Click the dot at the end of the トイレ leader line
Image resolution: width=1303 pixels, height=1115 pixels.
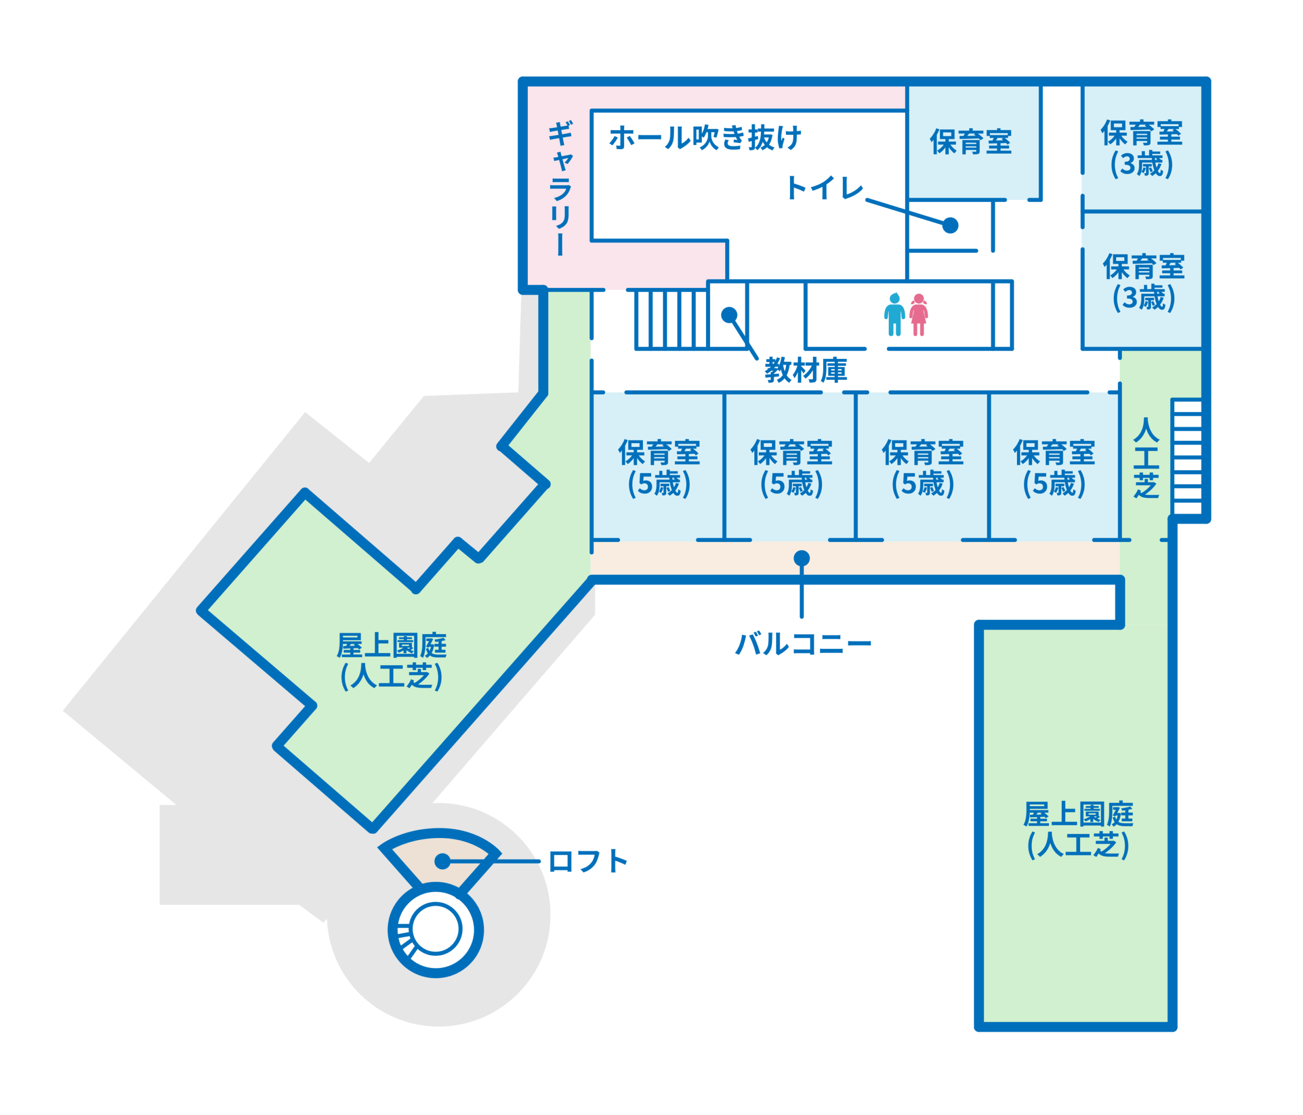pos(950,225)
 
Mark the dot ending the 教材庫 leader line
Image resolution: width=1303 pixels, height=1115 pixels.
pos(729,315)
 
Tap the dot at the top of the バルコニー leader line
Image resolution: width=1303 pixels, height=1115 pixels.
pos(801,558)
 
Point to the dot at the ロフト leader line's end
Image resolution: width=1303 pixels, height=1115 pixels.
pos(442,861)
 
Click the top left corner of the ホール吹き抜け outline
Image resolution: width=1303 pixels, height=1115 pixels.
pos(592,110)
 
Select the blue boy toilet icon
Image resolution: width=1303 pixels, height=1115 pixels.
pos(894,315)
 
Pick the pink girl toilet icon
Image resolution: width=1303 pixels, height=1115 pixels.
pos(919,315)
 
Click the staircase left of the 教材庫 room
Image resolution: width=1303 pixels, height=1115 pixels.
pos(671,319)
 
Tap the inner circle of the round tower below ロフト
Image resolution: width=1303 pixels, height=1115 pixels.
pos(435,928)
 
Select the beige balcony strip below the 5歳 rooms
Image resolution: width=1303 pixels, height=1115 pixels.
pos(855,558)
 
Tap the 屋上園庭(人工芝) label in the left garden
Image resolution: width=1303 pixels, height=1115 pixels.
pos(391,661)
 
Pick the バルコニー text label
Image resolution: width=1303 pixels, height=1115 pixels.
pos(803,644)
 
